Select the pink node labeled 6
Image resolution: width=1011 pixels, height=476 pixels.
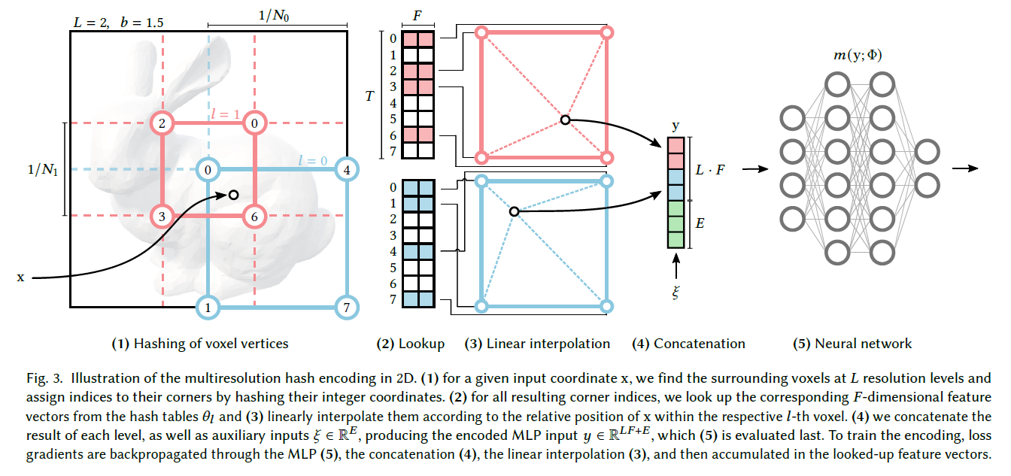click(x=254, y=217)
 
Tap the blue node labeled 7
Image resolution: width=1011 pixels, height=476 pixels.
click(x=347, y=307)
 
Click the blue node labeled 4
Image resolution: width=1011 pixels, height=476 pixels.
click(x=347, y=169)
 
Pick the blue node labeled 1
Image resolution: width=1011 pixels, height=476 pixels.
click(x=208, y=307)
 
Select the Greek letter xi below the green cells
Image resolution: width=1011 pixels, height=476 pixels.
click(x=676, y=291)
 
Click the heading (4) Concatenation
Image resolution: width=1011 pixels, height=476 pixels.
click(x=688, y=344)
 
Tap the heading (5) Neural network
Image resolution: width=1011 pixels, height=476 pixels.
click(x=852, y=344)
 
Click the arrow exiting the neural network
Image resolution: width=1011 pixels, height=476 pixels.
click(x=963, y=168)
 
